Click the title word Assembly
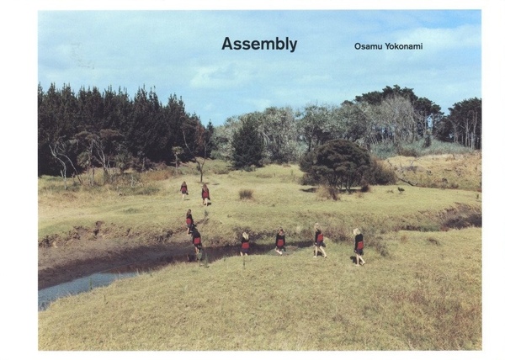tap(259, 45)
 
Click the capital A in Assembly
tap(227, 44)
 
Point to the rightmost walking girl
tap(359, 246)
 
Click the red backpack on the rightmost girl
tap(360, 245)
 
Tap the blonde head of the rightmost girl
tap(357, 231)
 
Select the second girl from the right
tap(320, 241)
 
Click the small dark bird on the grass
tap(401, 190)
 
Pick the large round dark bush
tap(337, 163)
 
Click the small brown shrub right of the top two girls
tap(246, 194)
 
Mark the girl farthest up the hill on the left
tap(183, 190)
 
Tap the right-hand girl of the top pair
tap(205, 194)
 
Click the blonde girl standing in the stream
tap(245, 244)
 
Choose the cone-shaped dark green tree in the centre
tap(247, 144)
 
